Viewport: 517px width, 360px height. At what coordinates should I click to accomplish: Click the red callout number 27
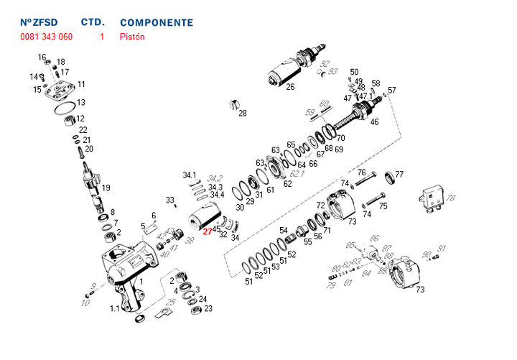tap(207, 231)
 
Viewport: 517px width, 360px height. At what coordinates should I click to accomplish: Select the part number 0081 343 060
tap(46, 37)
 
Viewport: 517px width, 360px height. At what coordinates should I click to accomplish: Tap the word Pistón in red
tap(132, 37)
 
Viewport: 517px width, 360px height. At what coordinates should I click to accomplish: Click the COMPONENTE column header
tap(157, 22)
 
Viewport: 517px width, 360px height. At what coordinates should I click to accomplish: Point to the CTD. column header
tap(93, 22)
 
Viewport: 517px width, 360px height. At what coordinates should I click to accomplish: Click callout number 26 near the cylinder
tap(290, 88)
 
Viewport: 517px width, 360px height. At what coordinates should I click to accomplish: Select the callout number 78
tap(451, 198)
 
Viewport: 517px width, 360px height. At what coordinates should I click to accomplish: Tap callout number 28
tap(242, 114)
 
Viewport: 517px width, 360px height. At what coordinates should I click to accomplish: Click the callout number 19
tap(106, 188)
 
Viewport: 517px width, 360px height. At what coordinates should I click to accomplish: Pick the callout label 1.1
tap(114, 308)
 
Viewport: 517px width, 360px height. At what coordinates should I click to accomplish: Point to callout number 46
tap(374, 122)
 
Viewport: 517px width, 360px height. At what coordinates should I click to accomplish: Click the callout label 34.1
tap(189, 175)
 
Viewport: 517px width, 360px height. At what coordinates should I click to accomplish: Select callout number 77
tap(399, 175)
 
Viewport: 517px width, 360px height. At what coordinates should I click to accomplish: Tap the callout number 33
tap(169, 200)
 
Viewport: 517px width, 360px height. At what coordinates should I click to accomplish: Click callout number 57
tap(392, 91)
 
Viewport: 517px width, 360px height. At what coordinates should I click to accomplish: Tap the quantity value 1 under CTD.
tap(102, 37)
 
